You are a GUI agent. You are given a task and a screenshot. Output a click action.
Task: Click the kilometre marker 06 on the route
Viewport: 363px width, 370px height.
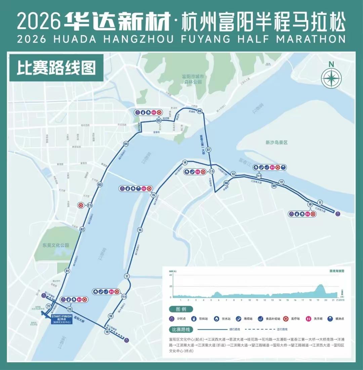[200, 111]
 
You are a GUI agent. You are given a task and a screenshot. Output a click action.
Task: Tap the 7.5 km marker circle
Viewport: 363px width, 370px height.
[212, 171]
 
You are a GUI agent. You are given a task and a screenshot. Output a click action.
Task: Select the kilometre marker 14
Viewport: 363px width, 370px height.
[185, 162]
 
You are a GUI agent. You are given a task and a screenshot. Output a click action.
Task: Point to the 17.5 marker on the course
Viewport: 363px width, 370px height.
[124, 297]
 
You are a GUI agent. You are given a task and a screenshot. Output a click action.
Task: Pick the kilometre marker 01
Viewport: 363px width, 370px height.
[68, 271]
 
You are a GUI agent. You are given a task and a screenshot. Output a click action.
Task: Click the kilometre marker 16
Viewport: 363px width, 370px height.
[140, 230]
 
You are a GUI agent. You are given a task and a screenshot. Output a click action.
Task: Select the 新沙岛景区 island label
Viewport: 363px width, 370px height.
[276, 143]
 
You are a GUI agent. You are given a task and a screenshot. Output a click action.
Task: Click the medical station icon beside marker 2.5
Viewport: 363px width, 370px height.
[81, 205]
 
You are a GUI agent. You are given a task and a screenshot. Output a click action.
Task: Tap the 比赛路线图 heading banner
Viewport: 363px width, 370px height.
[56, 68]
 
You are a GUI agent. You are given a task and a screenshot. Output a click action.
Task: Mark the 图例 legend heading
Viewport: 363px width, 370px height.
[178, 309]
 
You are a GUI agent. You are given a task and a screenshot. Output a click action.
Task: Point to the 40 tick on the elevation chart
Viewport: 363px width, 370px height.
[170, 275]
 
